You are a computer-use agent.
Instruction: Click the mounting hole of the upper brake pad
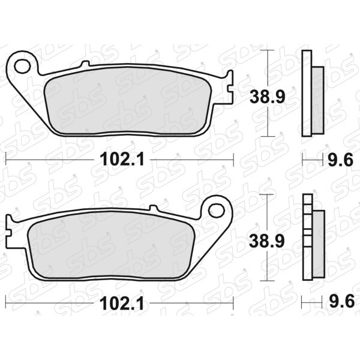tap(22, 66)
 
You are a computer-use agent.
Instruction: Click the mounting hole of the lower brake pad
tap(216, 210)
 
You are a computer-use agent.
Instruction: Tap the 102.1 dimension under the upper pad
tap(122, 160)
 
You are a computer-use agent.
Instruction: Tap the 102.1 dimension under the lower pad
tap(121, 303)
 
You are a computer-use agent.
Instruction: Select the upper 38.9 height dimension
tap(268, 97)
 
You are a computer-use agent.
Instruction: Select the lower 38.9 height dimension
tap(267, 241)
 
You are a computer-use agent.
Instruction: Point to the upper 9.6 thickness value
tap(340, 160)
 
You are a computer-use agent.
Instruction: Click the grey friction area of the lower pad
tap(111, 245)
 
